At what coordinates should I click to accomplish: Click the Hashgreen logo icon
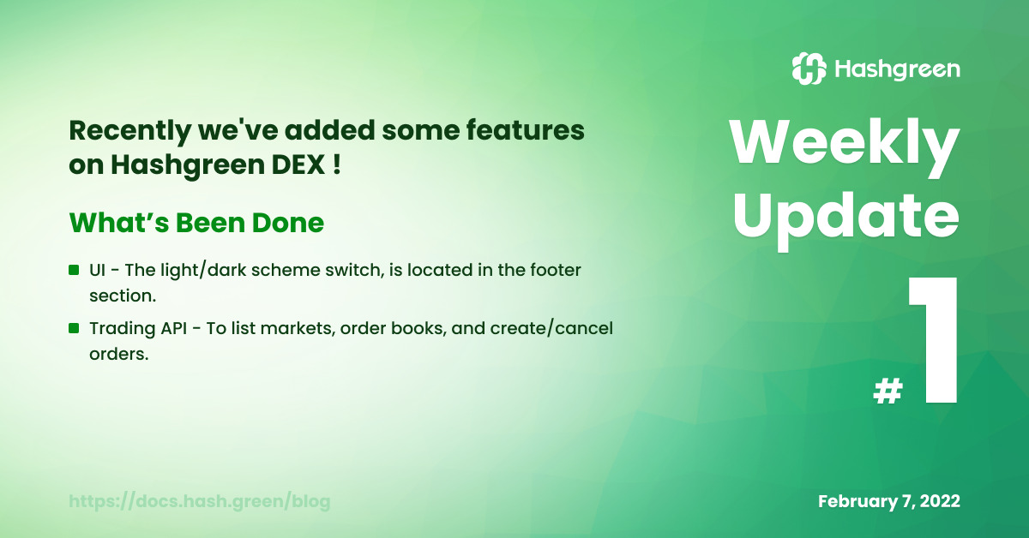pyautogui.click(x=809, y=69)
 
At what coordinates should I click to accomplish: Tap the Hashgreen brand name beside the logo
pyautogui.click(x=897, y=69)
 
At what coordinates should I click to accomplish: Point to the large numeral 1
pyautogui.click(x=934, y=340)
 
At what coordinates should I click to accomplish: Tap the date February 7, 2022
pyautogui.click(x=889, y=501)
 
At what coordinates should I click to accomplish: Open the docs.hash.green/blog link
pyautogui.click(x=199, y=501)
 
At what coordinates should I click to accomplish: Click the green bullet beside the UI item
pyautogui.click(x=74, y=270)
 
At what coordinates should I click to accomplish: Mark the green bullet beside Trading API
pyautogui.click(x=74, y=328)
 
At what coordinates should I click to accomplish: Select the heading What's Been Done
pyautogui.click(x=196, y=223)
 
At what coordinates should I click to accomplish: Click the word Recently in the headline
pyautogui.click(x=130, y=132)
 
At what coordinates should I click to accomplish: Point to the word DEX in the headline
pyautogui.click(x=298, y=164)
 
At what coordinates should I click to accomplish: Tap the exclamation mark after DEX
pyautogui.click(x=337, y=164)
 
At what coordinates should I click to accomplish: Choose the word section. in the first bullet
pyautogui.click(x=123, y=296)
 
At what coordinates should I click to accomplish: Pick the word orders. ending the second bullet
pyautogui.click(x=119, y=354)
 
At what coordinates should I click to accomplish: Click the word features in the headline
pyautogui.click(x=526, y=130)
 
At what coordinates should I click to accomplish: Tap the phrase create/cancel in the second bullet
pyautogui.click(x=551, y=329)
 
